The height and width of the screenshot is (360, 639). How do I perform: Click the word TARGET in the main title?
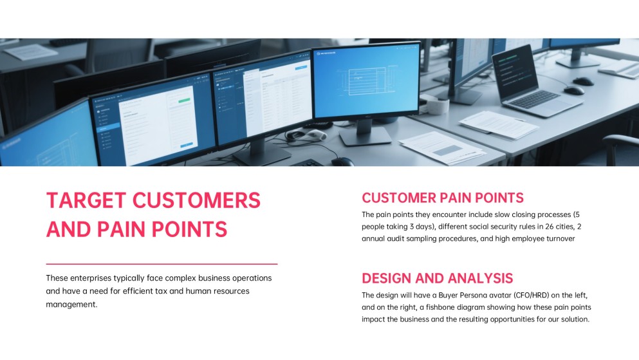point(86,200)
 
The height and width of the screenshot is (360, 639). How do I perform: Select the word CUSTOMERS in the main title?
point(196,200)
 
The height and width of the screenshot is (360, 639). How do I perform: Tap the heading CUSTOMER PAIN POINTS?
point(443,198)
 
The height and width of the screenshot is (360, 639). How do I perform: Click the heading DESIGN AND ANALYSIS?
point(438,278)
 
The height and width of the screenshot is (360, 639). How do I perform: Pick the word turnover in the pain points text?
point(560,238)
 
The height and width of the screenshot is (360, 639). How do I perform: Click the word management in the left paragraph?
point(71,305)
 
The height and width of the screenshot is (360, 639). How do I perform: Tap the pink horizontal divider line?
point(162,264)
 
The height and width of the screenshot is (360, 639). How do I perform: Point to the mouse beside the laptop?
point(574,90)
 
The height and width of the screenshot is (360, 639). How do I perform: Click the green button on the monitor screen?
point(184,100)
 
